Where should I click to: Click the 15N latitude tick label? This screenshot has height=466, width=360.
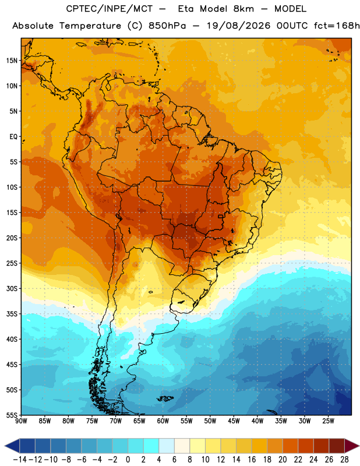tap(12, 61)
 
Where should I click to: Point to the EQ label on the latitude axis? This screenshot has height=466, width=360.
tap(13, 137)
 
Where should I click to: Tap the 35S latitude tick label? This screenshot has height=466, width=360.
tap(12, 314)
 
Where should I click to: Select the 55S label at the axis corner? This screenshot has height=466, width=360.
tap(12, 415)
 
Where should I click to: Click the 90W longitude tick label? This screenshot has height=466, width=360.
tap(21, 421)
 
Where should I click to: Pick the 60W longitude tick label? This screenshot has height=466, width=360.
tap(163, 421)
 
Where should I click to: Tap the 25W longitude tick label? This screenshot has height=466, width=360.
tap(328, 421)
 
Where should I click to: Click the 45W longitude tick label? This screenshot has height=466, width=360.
tap(234, 421)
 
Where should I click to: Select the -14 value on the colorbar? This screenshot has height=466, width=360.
tap(20, 460)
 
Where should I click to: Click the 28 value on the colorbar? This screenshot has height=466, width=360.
tap(344, 460)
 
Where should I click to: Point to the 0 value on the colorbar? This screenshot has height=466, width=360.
tap(128, 460)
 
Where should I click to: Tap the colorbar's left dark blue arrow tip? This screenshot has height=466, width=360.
tap(5, 446)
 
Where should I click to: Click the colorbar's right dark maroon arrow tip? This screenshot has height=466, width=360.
tap(359, 446)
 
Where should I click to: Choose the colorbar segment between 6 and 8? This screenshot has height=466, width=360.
tap(182, 446)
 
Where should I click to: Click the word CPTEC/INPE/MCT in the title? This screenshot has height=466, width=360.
tap(109, 9)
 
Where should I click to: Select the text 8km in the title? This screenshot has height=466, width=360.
tap(243, 9)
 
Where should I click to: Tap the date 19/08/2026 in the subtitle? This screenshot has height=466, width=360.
tap(238, 26)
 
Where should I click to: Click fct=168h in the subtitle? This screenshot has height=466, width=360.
tap(337, 26)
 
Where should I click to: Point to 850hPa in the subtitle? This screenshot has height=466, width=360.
tap(167, 26)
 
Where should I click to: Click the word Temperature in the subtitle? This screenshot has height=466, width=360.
tap(90, 26)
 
